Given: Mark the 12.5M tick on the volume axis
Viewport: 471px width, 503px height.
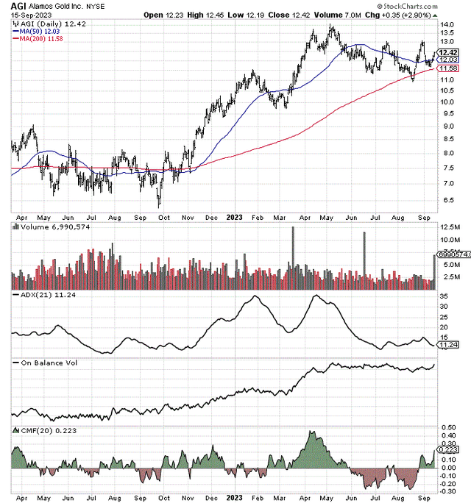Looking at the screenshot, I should click(x=449, y=239).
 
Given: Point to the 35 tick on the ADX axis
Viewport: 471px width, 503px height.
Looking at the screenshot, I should click(x=443, y=298).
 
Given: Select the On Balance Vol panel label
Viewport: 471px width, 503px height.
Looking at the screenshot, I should click(x=43, y=363).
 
